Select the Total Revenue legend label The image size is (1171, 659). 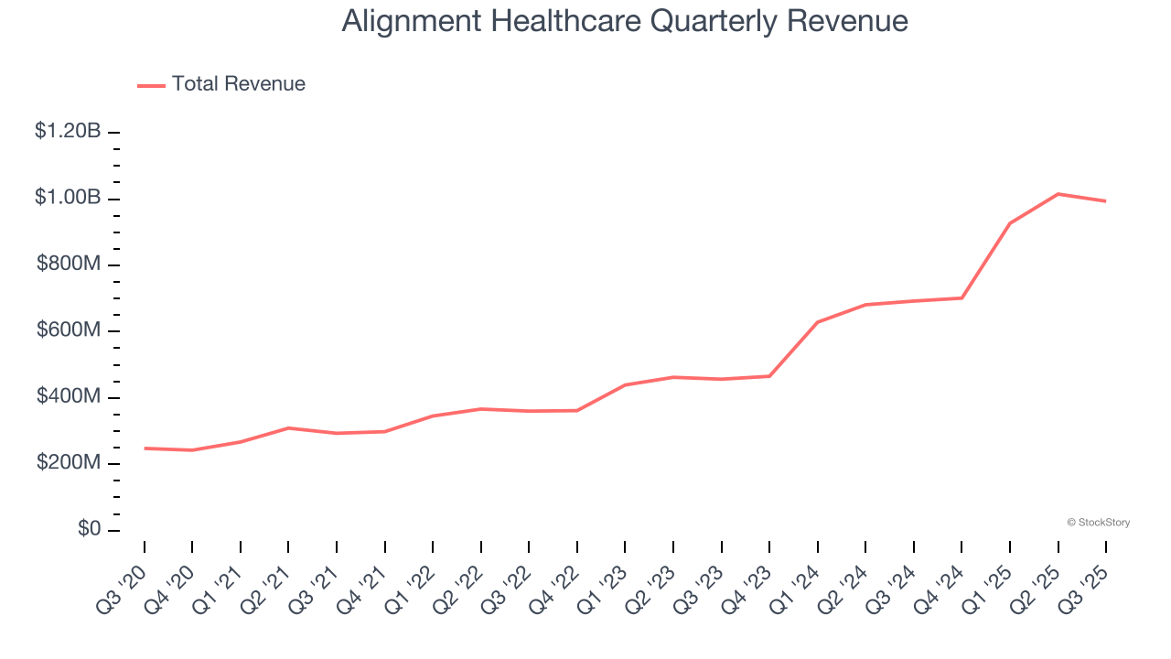239,84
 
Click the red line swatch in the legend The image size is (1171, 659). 151,85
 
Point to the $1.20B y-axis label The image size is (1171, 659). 68,131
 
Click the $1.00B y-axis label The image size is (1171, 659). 68,198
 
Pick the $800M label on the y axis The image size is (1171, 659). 69,264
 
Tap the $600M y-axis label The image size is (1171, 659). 69,330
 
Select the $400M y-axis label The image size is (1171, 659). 69,396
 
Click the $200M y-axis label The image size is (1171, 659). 69,463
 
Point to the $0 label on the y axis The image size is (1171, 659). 88,529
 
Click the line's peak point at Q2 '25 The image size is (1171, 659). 1058,194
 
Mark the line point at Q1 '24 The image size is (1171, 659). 818,322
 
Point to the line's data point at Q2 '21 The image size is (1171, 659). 288,428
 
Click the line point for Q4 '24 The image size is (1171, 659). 962,297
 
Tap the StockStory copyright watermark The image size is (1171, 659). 1098,523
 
